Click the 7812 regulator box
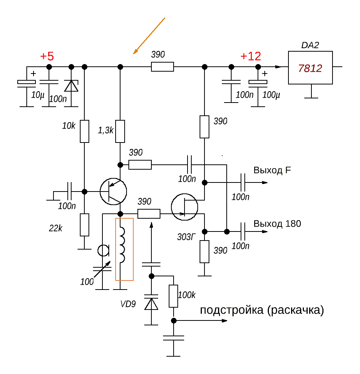click(x=310, y=67)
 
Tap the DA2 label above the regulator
click(x=310, y=45)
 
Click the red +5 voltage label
click(x=47, y=56)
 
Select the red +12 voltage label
click(x=251, y=56)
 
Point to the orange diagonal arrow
click(x=149, y=36)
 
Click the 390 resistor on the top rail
click(x=162, y=67)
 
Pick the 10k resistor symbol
click(x=84, y=132)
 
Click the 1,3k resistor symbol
click(x=120, y=132)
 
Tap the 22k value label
click(x=55, y=228)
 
